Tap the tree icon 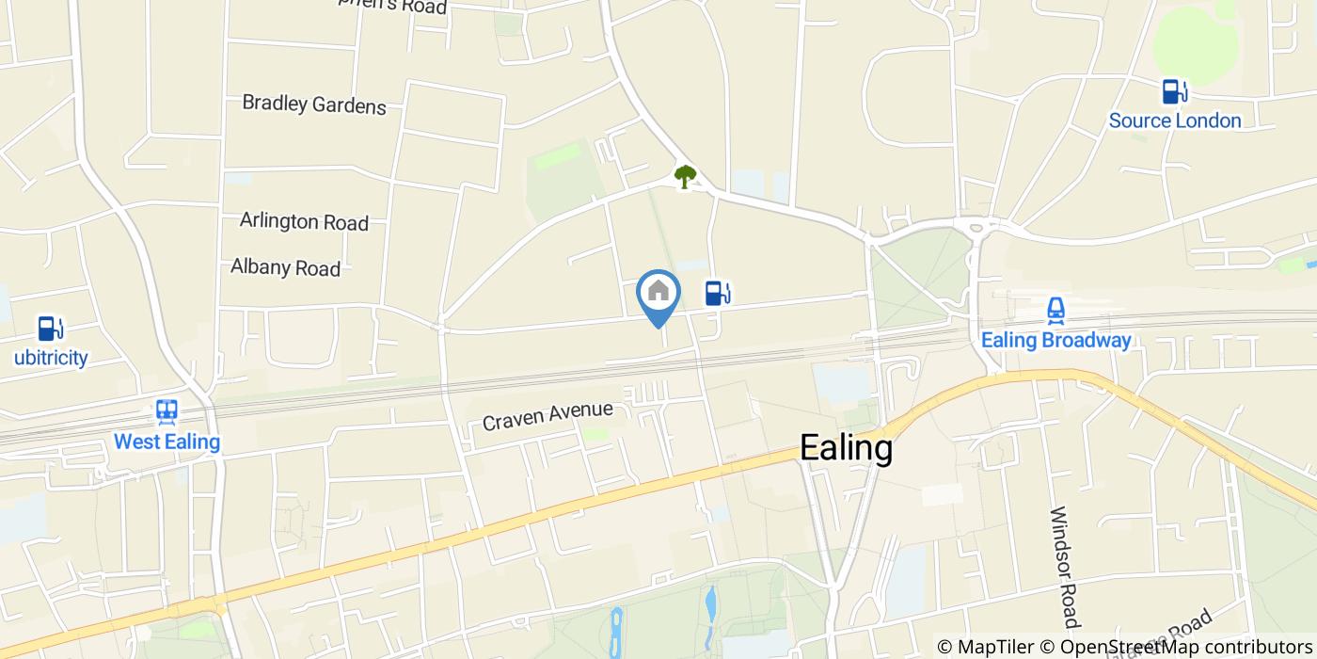pos(685,176)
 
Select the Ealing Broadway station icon pos(1055,311)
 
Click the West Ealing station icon pos(167,411)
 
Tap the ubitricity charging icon pos(50,329)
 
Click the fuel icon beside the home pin pos(717,293)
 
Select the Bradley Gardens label pos(314,104)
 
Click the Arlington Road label pos(304,222)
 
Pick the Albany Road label pos(285,267)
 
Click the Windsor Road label pos(1062,567)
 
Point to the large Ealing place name pos(846,448)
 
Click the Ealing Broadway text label pos(1055,340)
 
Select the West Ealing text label pos(167,442)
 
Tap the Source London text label pos(1174,121)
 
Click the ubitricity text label pos(51,358)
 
